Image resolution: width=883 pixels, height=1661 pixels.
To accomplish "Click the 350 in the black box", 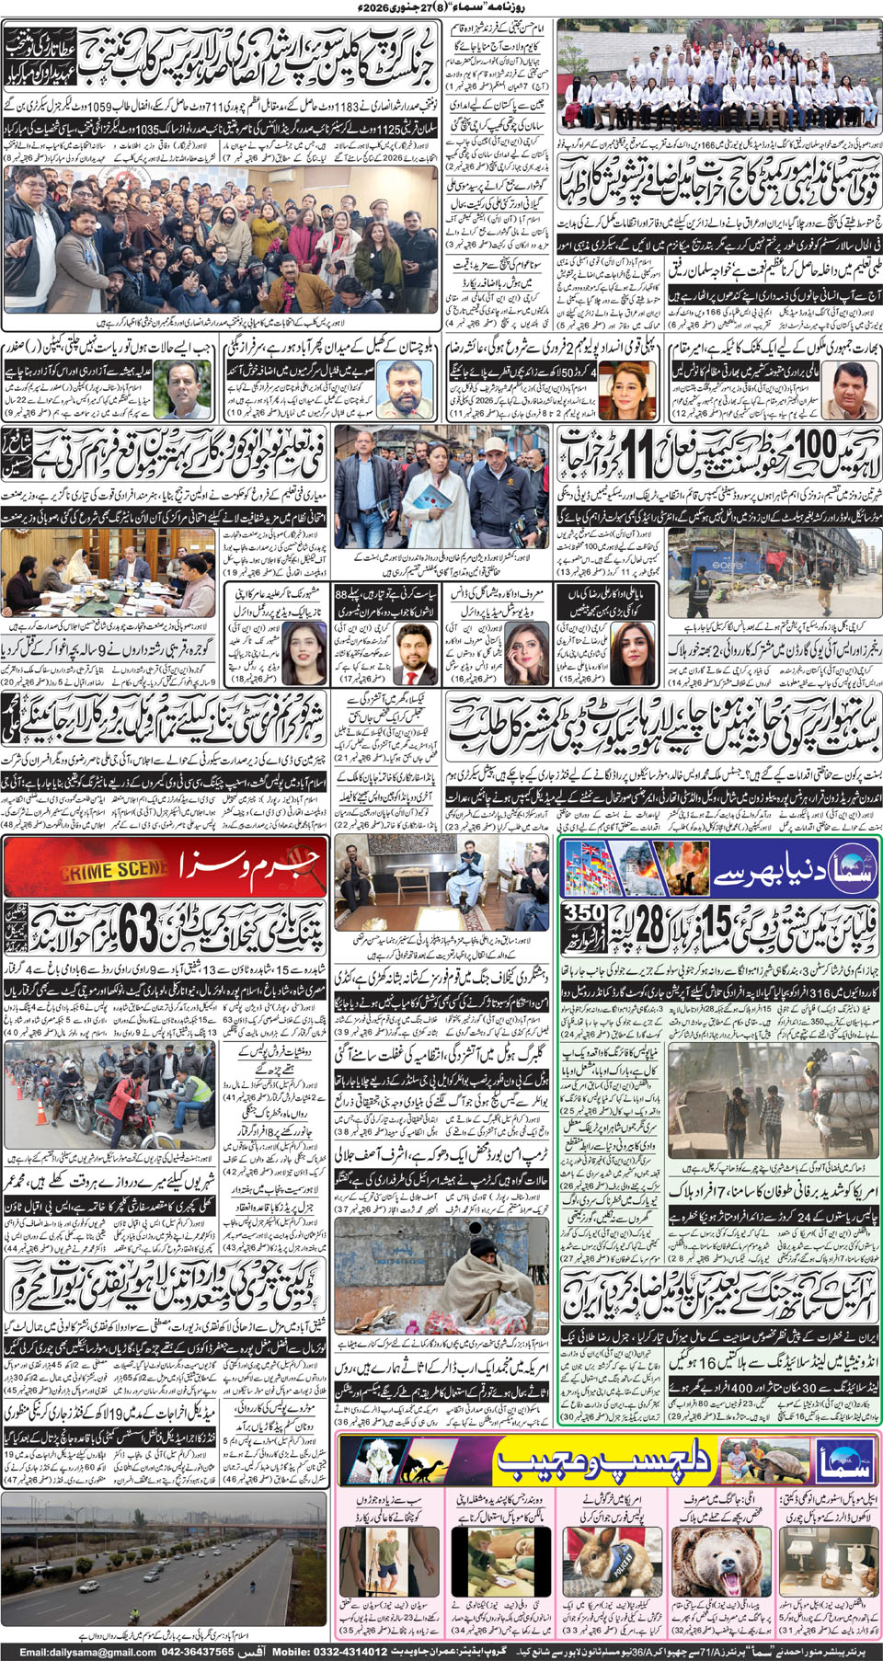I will [584, 913].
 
